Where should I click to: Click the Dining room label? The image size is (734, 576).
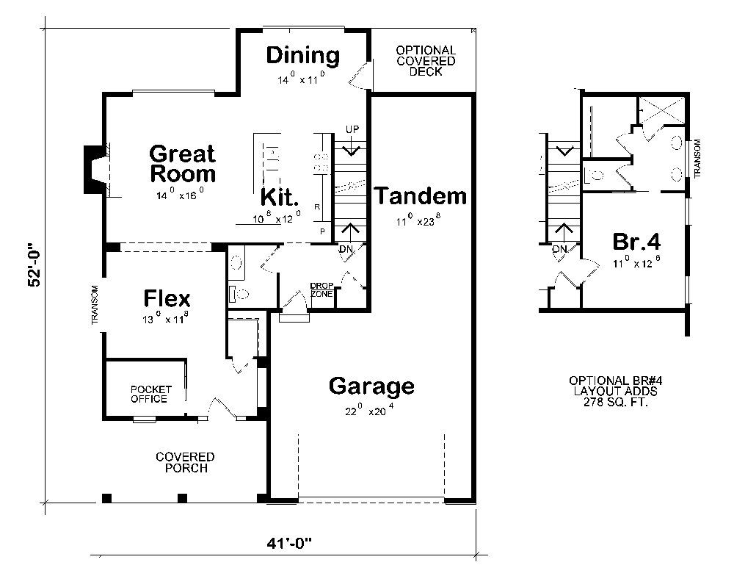pos(303,55)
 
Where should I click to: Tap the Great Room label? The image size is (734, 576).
pos(183,164)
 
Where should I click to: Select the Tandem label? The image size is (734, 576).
pos(421,196)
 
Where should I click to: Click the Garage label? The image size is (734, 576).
pos(371,386)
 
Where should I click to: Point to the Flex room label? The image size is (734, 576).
pos(167,298)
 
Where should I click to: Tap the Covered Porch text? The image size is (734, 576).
pos(186,462)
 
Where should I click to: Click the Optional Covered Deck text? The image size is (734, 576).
pos(426,61)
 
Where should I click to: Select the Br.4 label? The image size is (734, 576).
pos(636,242)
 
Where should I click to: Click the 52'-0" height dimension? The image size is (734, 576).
pos(35,264)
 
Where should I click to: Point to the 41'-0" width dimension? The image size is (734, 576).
pos(289,544)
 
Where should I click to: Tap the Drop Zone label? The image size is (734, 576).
pos(322,289)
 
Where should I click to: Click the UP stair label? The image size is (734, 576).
pos(352,129)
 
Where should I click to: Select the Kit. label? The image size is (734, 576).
pos(280,198)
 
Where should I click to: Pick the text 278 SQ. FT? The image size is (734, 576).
pos(616,402)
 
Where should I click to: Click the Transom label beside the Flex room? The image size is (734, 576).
pos(95,305)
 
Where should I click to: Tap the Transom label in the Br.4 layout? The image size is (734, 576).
pos(697,159)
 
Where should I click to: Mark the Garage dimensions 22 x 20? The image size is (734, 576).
pos(370,411)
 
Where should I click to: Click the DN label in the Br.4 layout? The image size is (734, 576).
pos(560,249)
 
